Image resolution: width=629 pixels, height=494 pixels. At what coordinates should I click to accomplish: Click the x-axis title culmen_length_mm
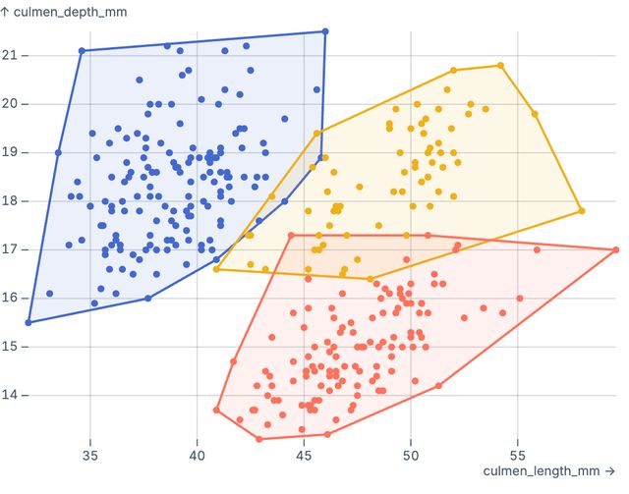click(542, 471)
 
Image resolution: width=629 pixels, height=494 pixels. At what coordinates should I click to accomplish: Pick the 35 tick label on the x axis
click(90, 455)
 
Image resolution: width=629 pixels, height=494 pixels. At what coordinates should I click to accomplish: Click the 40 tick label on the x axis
click(198, 455)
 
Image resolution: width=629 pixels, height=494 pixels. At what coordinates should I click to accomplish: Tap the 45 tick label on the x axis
click(304, 455)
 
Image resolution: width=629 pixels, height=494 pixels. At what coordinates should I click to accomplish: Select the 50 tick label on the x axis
click(411, 455)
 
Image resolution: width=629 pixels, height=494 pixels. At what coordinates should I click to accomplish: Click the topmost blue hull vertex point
click(325, 32)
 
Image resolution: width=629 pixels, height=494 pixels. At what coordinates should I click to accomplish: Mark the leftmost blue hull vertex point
click(29, 322)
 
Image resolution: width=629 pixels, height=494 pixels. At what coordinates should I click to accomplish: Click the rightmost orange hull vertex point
click(615, 249)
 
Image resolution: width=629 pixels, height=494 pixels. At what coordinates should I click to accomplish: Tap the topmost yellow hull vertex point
click(500, 66)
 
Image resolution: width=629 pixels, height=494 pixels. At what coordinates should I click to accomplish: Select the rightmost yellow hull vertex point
click(582, 210)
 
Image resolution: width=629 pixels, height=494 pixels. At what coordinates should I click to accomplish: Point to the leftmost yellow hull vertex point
click(216, 269)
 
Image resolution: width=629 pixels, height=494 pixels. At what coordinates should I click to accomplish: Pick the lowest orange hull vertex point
click(259, 439)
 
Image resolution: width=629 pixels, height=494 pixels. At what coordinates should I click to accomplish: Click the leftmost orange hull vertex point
click(216, 410)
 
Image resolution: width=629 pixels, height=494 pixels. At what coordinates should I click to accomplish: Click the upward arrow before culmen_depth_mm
click(6, 11)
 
